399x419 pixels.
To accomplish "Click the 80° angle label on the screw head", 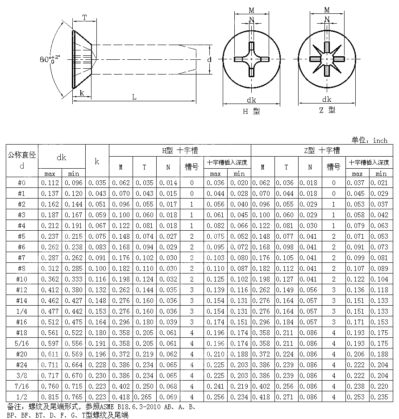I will (49, 59).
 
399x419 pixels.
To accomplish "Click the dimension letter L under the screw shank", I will (134, 97).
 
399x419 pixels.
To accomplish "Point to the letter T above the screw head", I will (83, 18).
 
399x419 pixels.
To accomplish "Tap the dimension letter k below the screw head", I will (82, 93).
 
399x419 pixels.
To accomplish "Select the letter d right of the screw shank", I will (209, 59).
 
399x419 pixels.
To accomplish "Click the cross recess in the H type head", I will (252, 59).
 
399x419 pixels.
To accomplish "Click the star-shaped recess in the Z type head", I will (327, 59).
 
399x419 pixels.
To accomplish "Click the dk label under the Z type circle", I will (327, 100).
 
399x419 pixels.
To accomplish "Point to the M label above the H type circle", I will (252, 10).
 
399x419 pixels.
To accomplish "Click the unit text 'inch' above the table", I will (380, 141).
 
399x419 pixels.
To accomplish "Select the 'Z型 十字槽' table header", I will (322, 150).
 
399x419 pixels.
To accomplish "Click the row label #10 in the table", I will (21, 279).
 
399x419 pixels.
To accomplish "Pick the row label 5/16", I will (21, 344).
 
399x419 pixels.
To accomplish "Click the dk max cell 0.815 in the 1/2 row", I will (50, 397).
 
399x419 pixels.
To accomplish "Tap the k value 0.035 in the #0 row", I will (97, 183).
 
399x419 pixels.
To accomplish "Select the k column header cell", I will (97, 161).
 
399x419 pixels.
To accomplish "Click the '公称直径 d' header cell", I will (21, 161).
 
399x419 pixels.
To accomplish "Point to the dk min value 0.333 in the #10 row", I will (73, 279).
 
